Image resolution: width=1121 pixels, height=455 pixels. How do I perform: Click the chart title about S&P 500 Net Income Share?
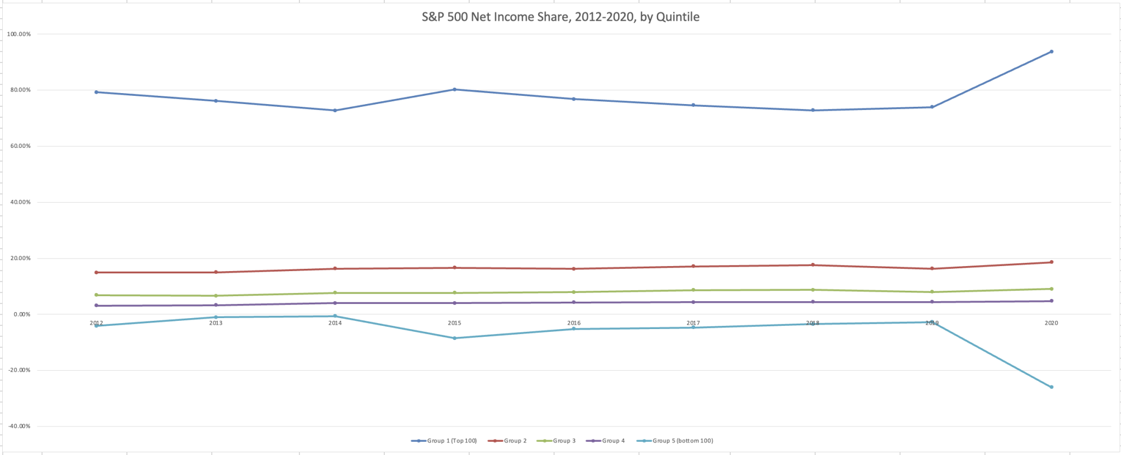pyautogui.click(x=560, y=17)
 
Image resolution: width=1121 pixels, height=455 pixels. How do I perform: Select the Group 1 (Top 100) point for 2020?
pyautogui.click(x=1051, y=52)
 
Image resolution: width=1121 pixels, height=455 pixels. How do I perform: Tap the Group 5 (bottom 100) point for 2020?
pyautogui.click(x=1051, y=387)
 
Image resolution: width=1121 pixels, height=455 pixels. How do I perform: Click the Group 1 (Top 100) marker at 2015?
pyautogui.click(x=454, y=89)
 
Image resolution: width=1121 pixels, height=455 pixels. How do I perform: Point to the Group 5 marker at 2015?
pyautogui.click(x=454, y=338)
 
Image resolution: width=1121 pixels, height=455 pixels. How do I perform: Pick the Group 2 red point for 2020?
pyautogui.click(x=1051, y=262)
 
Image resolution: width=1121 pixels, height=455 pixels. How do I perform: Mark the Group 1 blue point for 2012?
pyautogui.click(x=96, y=92)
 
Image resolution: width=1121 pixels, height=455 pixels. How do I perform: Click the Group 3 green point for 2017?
pyautogui.click(x=693, y=290)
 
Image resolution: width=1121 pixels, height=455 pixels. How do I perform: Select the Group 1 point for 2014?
pyautogui.click(x=335, y=110)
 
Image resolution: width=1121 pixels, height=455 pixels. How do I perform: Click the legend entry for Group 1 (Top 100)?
pyautogui.click(x=444, y=441)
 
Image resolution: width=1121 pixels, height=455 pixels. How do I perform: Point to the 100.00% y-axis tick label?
pyautogui.click(x=19, y=34)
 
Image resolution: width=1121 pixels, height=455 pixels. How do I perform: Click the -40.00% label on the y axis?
pyautogui.click(x=19, y=426)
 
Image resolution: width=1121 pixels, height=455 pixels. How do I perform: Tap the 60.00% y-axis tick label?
pyautogui.click(x=19, y=146)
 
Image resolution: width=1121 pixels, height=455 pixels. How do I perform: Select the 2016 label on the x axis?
pyautogui.click(x=574, y=323)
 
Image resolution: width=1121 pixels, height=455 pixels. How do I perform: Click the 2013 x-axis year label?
pyautogui.click(x=216, y=323)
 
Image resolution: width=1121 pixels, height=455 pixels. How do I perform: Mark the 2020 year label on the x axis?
pyautogui.click(x=1051, y=323)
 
